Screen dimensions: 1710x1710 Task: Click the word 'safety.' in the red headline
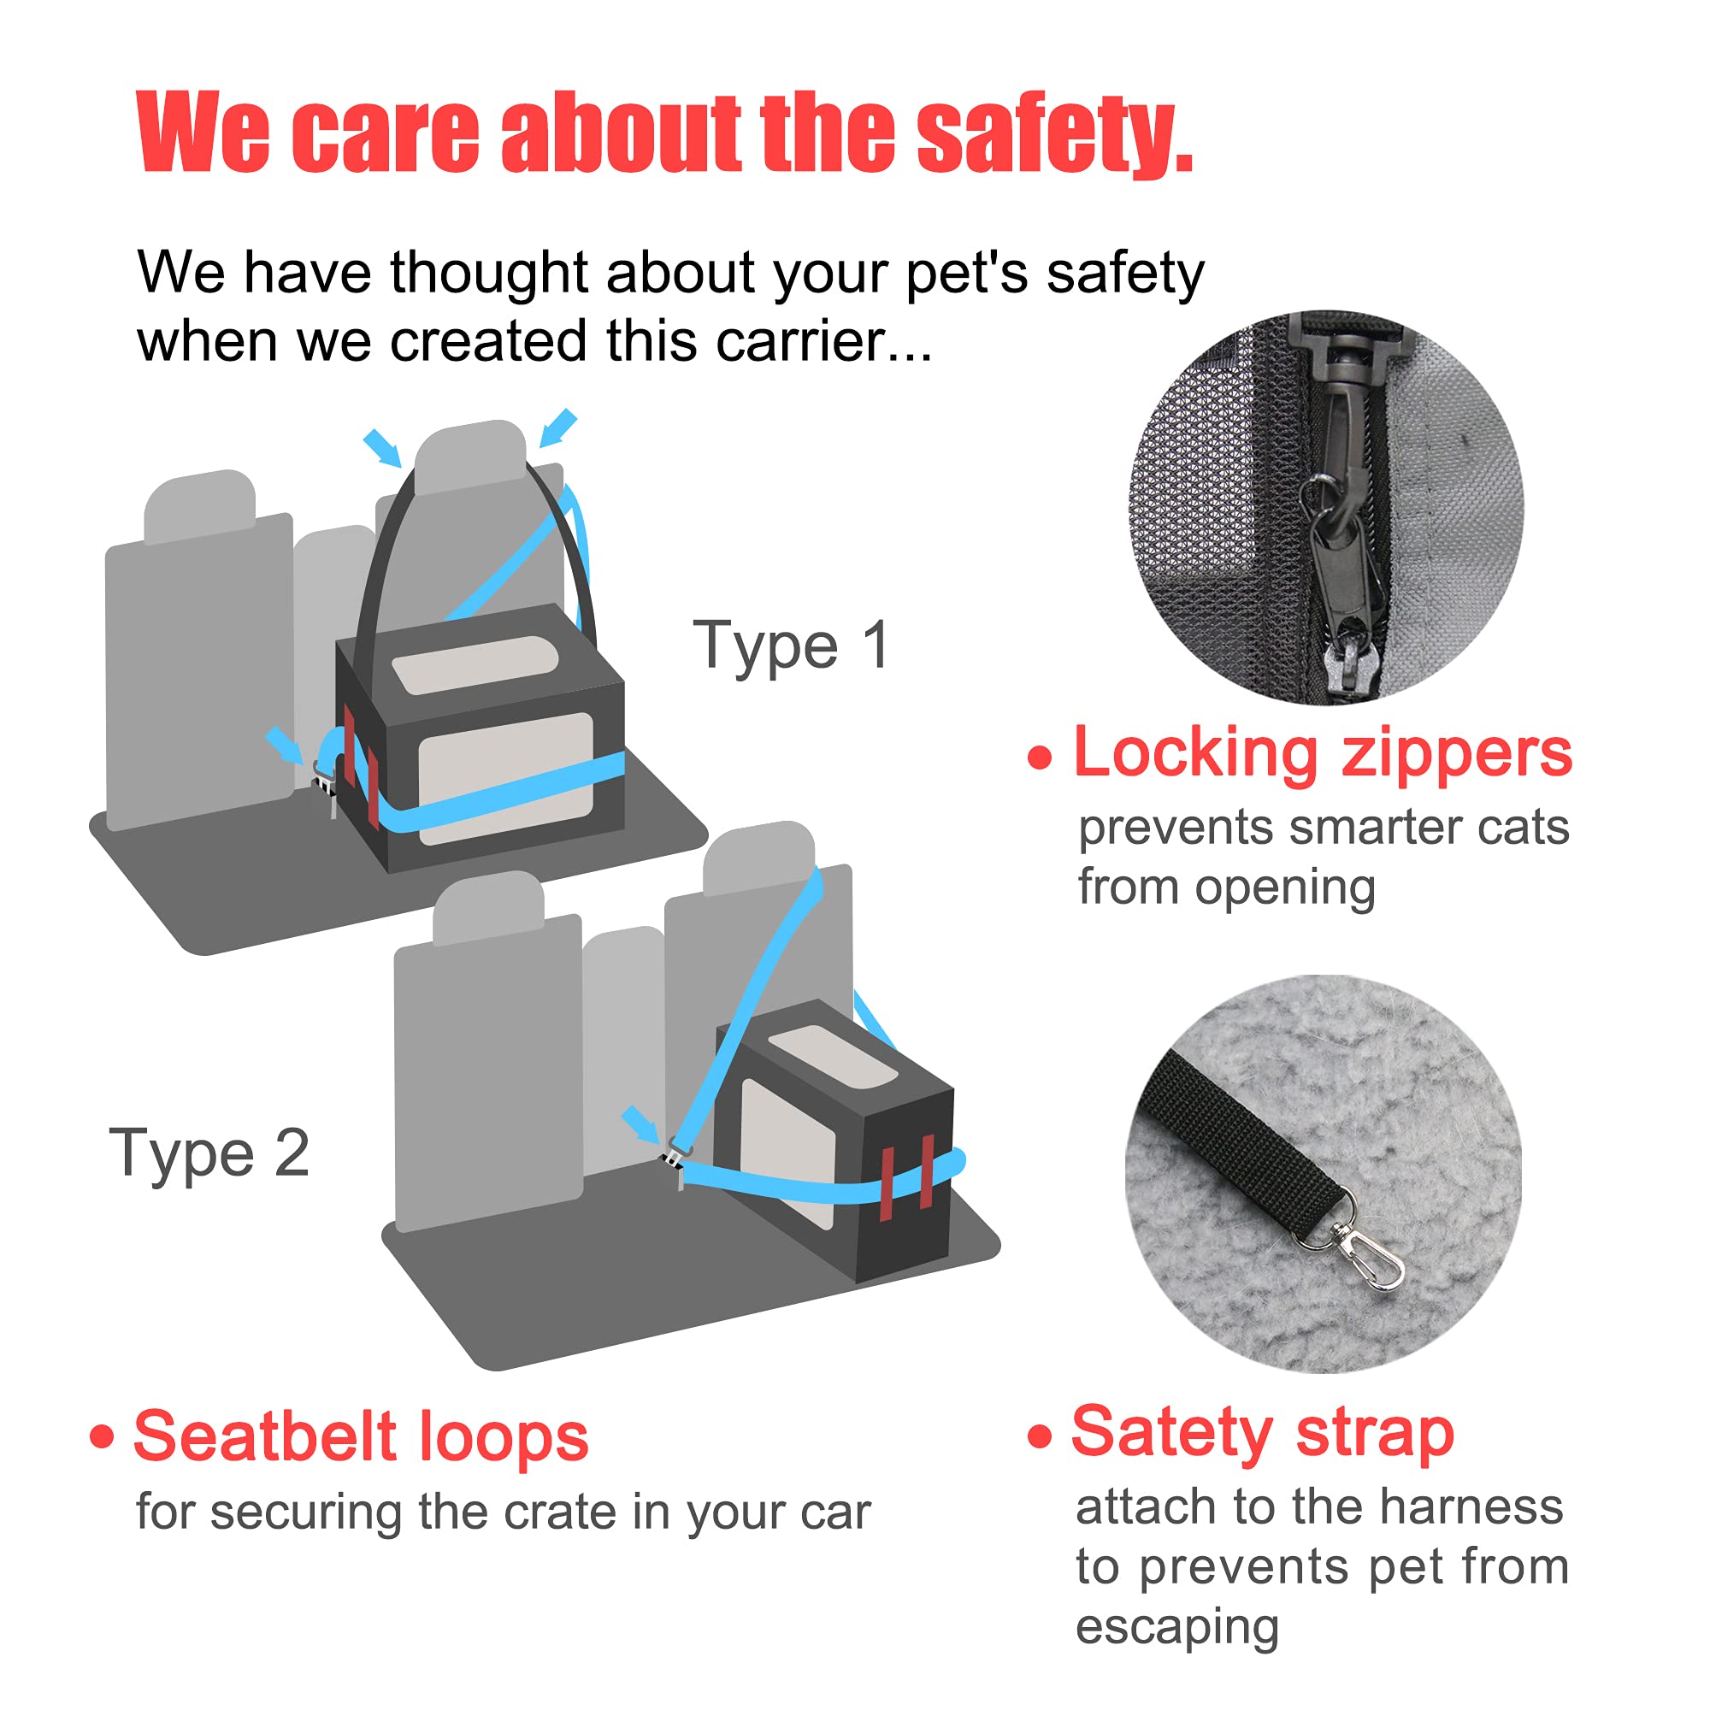pyautogui.click(x=1054, y=134)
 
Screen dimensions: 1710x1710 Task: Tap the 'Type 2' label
pyautogui.click(x=209, y=1153)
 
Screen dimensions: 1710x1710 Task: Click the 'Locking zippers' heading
pyautogui.click(x=1323, y=754)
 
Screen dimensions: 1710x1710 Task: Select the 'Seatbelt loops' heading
pyautogui.click(x=361, y=1436)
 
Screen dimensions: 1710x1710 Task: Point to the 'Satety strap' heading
pyautogui.click(x=1263, y=1432)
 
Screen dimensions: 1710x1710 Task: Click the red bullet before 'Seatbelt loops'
pyautogui.click(x=102, y=1436)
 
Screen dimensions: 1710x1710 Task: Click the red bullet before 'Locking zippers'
pyautogui.click(x=1040, y=757)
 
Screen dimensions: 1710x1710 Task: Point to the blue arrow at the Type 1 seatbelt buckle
pyautogui.click(x=285, y=744)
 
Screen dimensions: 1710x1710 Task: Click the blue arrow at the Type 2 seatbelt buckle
pyautogui.click(x=640, y=1124)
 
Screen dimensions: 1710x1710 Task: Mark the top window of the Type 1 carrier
pyautogui.click(x=475, y=663)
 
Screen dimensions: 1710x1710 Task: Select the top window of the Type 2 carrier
pyautogui.click(x=833, y=1058)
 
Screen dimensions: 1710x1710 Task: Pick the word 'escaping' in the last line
pyautogui.click(x=1177, y=1627)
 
